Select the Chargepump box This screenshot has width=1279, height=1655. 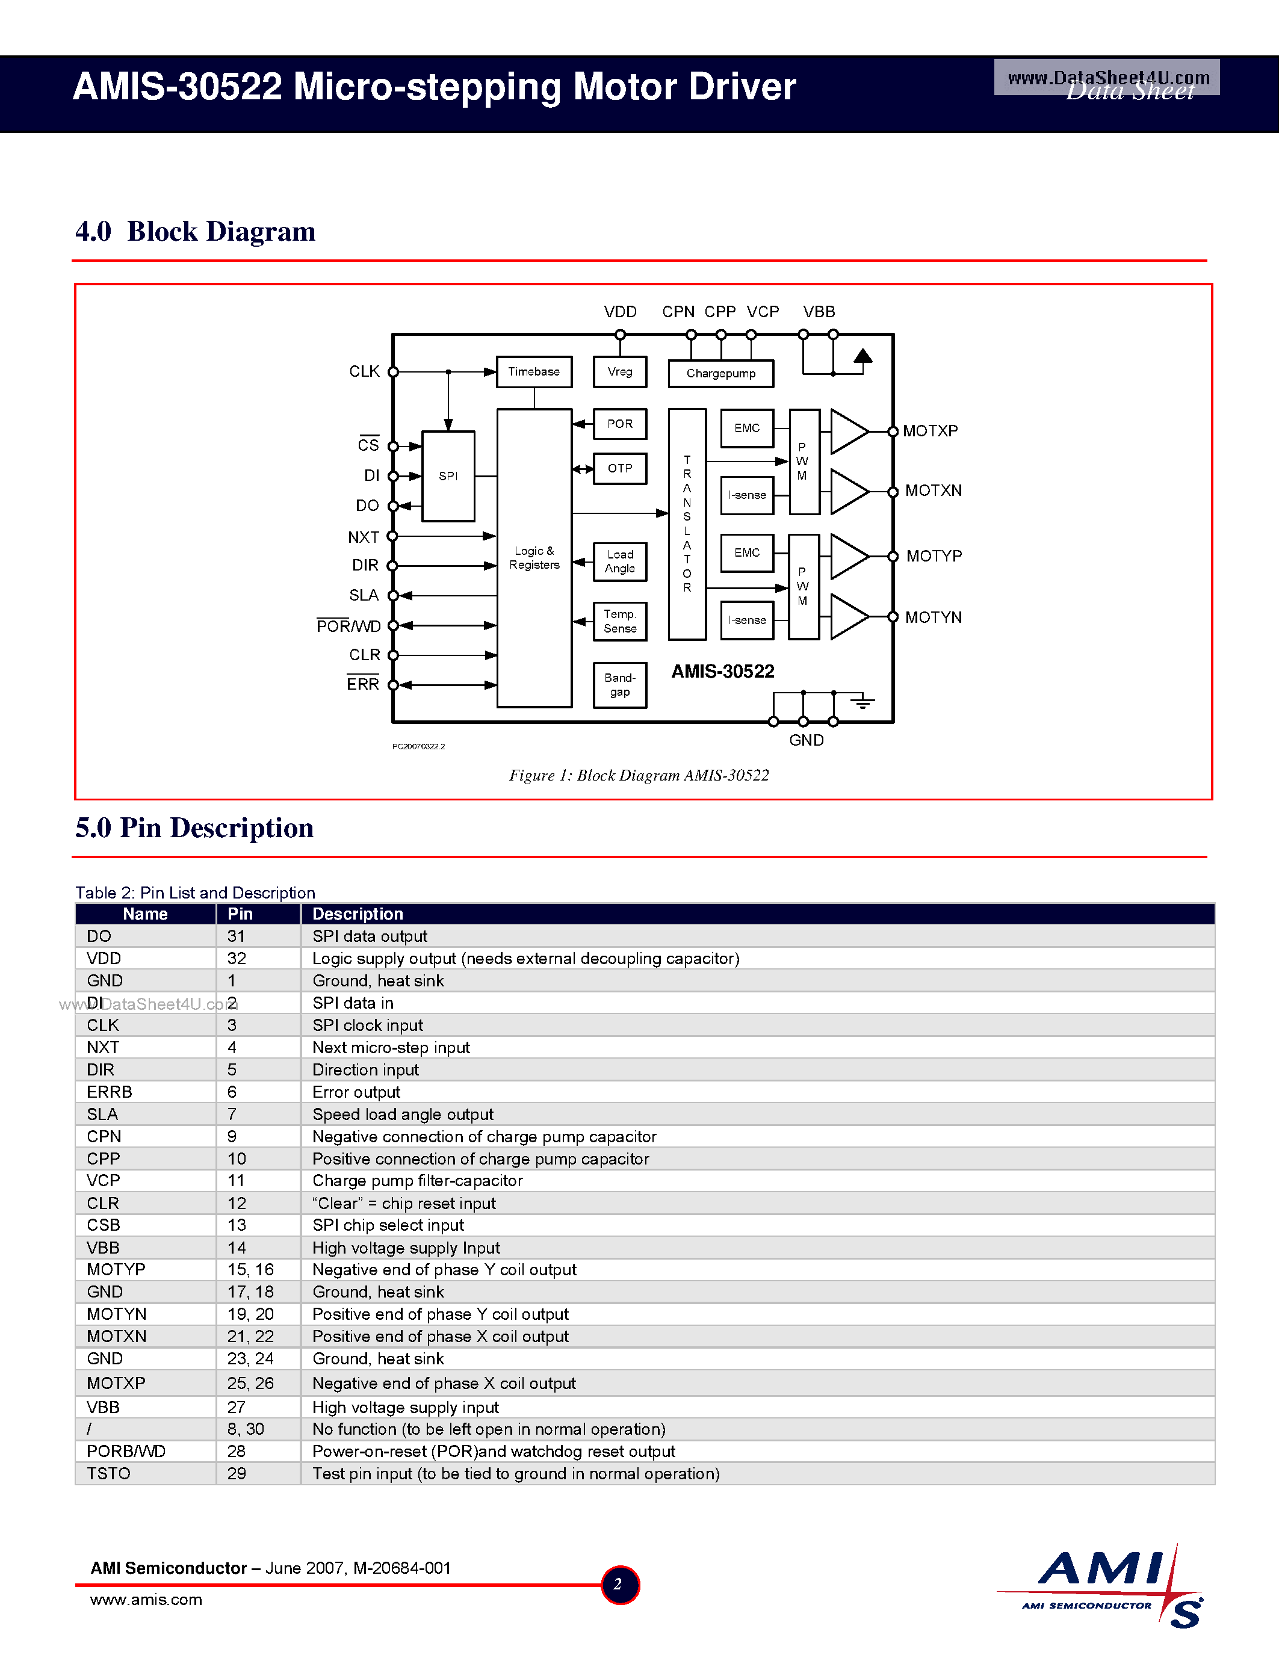(x=720, y=374)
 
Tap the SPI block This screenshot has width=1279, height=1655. (x=448, y=476)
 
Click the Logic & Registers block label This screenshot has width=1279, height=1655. (x=534, y=558)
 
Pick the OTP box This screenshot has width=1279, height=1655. (x=620, y=468)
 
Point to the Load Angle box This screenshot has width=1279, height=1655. (x=620, y=561)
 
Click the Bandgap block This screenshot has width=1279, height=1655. (x=620, y=685)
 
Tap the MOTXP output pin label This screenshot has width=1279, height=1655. (x=930, y=431)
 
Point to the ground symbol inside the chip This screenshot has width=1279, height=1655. (x=862, y=702)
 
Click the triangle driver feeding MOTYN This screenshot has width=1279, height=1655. (x=849, y=617)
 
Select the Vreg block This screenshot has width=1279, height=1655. (x=620, y=372)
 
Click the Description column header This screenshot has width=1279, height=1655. (x=358, y=914)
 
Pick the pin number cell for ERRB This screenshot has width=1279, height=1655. (x=232, y=1092)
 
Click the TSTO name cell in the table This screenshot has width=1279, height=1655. (x=108, y=1474)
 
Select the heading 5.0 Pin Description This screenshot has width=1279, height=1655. (x=194, y=827)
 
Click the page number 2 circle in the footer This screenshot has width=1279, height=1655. (x=619, y=1585)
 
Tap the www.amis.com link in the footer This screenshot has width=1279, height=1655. (x=146, y=1600)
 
